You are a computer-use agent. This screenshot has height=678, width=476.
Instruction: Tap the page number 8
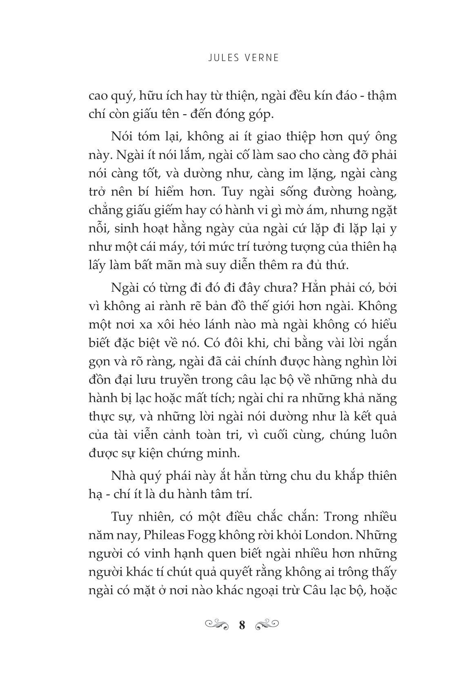pos(242,625)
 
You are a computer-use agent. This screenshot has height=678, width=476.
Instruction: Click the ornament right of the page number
pos(267,624)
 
